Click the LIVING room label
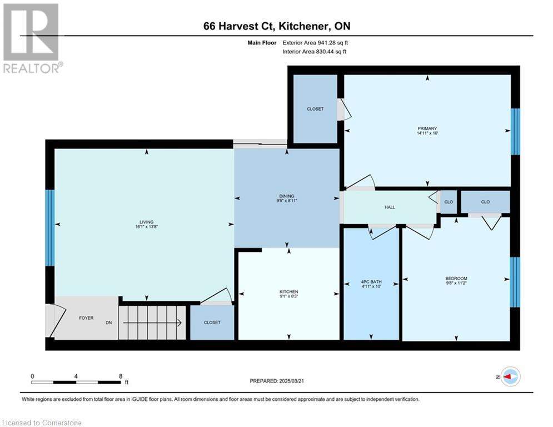[146, 222]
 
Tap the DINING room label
[287, 196]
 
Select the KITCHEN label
[289, 292]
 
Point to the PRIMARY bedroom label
[427, 128]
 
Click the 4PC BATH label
[371, 282]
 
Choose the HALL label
[390, 207]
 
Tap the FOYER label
[86, 318]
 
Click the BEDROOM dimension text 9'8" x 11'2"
[456, 283]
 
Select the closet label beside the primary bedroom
[315, 109]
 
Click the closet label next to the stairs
[212, 322]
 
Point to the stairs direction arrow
[152, 322]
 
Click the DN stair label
[108, 322]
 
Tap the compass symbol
[511, 376]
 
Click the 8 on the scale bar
[121, 376]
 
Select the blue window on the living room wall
[49, 228]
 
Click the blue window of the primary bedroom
[515, 131]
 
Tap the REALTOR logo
[32, 38]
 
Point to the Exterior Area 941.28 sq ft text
[315, 43]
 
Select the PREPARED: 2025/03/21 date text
[277, 381]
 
